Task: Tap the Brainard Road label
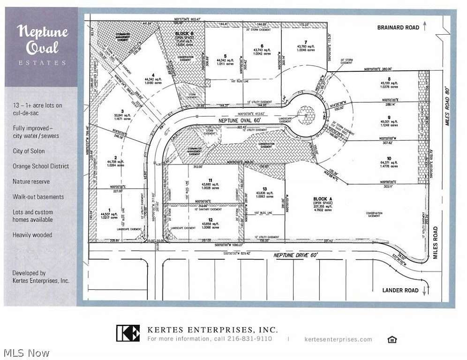coord(398,28)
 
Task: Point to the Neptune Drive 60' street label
coord(296,255)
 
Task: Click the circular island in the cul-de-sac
coord(307,113)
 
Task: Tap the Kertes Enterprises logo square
coord(128,333)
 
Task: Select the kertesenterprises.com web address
coord(338,339)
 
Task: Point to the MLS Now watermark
coord(26,352)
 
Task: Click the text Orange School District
coord(41,166)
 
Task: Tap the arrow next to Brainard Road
coord(425,26)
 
